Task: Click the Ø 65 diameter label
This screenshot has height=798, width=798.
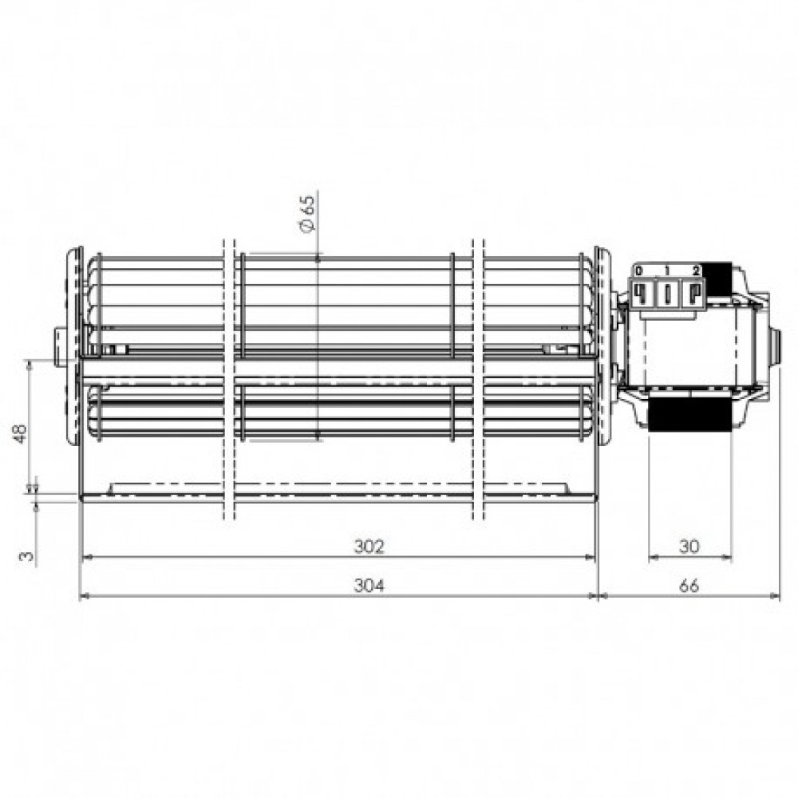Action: pos(308,214)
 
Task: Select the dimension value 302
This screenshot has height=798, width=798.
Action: pos(369,546)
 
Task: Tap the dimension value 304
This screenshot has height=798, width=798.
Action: pos(369,586)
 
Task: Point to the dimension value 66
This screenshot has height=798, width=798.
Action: pos(689,586)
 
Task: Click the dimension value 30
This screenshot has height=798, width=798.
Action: pos(689,546)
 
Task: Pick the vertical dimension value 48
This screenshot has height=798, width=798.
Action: pos(21,433)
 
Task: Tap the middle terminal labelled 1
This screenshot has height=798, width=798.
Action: pos(667,294)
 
